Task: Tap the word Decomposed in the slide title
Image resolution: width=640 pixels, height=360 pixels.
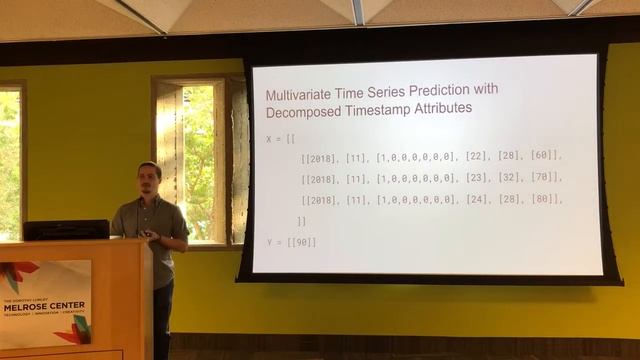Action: tap(303, 107)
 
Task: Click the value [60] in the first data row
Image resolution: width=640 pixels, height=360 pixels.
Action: tap(546, 156)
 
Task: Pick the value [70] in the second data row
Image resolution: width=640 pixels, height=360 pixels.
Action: tap(546, 178)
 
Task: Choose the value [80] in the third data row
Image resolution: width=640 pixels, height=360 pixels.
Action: tap(546, 199)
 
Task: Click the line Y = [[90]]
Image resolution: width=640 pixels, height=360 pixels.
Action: tap(291, 243)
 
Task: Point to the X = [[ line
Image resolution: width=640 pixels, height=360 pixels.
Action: tap(284, 138)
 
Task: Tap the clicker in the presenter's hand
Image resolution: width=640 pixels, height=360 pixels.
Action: tap(148, 234)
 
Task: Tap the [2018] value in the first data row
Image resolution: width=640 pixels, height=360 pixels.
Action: tap(319, 156)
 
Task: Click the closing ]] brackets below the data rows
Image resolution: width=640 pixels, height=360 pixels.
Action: tap(301, 221)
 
